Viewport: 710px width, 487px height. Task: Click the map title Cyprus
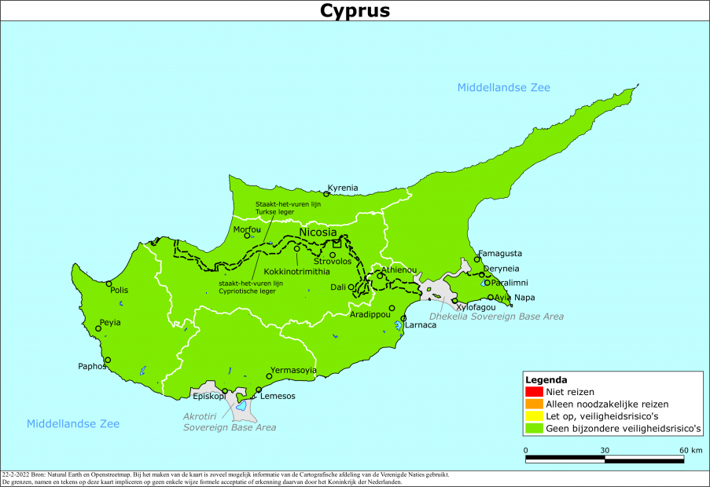(x=355, y=11)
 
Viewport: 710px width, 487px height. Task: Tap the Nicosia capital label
(x=318, y=233)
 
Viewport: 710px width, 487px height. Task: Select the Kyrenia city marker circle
(x=327, y=194)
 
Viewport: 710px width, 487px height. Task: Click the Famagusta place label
(x=499, y=254)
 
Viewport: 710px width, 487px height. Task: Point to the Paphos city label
(x=91, y=366)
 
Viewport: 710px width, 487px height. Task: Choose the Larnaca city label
(x=420, y=325)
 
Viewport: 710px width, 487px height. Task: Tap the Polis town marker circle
(x=109, y=284)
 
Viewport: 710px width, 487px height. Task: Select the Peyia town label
(x=110, y=322)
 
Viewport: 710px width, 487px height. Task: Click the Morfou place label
(x=246, y=229)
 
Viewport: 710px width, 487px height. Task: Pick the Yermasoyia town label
(x=293, y=370)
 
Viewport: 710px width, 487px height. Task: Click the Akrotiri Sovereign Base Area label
(x=230, y=422)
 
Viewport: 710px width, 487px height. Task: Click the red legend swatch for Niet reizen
(x=534, y=392)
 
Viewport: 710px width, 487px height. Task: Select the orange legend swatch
(x=534, y=405)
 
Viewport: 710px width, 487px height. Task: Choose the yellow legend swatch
(x=534, y=416)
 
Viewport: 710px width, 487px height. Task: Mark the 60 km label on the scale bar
(x=691, y=450)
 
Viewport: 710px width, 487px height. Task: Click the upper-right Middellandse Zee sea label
(x=504, y=87)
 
